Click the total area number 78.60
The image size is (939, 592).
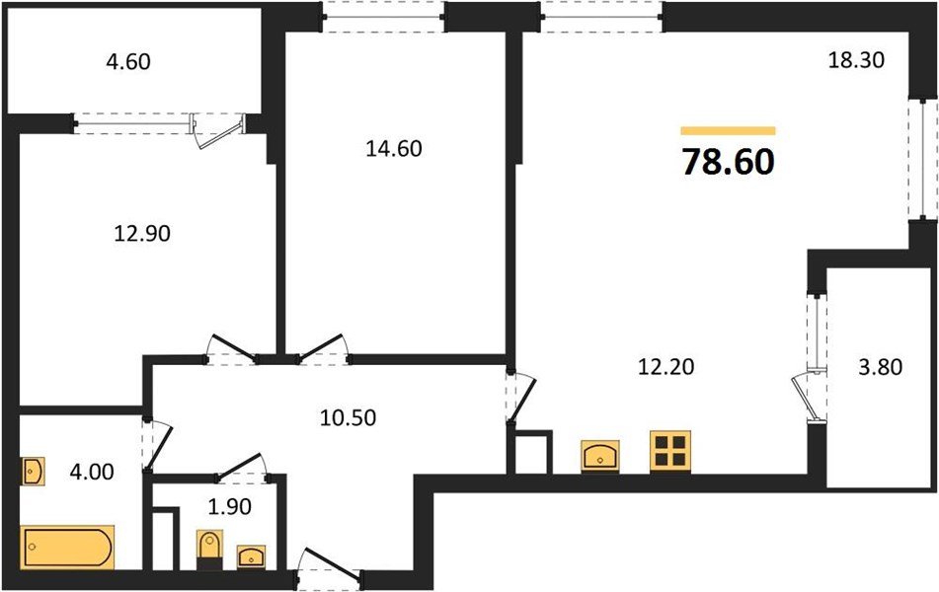[x=728, y=162]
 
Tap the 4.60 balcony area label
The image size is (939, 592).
[x=128, y=62]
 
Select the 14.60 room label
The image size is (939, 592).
[x=392, y=149]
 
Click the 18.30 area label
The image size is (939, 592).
[x=854, y=60]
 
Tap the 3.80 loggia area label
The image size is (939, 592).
[x=880, y=368]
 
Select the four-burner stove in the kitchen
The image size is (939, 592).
[x=671, y=450]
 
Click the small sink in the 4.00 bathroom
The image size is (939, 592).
[x=33, y=471]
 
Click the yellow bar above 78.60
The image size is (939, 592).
[x=728, y=130]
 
